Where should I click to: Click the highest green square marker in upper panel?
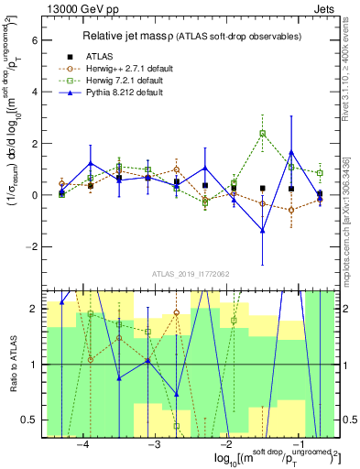coord(263,134)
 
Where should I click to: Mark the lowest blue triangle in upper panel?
coord(263,231)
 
